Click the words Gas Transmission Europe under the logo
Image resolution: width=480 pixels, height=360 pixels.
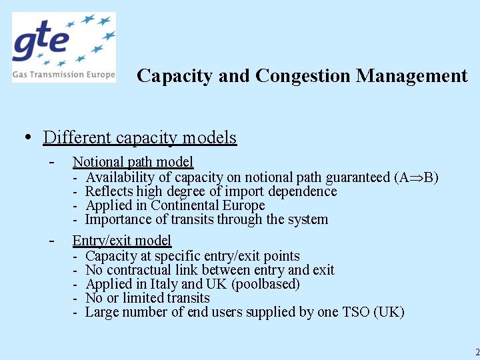click(x=63, y=75)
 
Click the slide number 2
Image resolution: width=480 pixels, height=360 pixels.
click(x=477, y=351)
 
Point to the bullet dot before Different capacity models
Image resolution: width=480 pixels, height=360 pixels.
click(x=27, y=137)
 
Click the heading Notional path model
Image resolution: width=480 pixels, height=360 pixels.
click(x=133, y=161)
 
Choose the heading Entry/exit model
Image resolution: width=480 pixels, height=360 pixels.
click(x=121, y=241)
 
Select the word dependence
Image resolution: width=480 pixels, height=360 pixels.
click(x=305, y=191)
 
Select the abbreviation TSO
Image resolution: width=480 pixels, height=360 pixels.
click(x=358, y=312)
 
